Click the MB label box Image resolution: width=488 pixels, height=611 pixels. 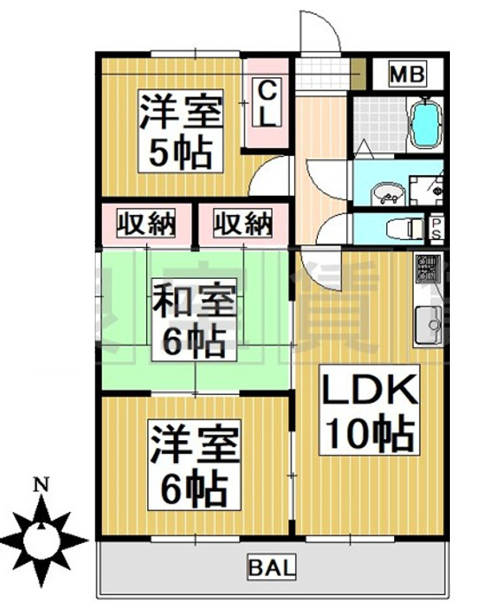[409, 73]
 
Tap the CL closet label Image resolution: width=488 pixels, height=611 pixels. [267, 102]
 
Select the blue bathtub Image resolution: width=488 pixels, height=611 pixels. [426, 123]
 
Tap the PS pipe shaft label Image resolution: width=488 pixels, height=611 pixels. [436, 228]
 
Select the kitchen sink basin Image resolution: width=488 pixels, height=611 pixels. [427, 325]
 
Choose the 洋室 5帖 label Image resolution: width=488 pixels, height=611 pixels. [180, 131]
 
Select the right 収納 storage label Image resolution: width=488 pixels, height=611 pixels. [242, 225]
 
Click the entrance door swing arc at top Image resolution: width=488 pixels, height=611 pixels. [319, 31]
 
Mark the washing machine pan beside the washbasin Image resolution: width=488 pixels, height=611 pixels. [430, 187]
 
